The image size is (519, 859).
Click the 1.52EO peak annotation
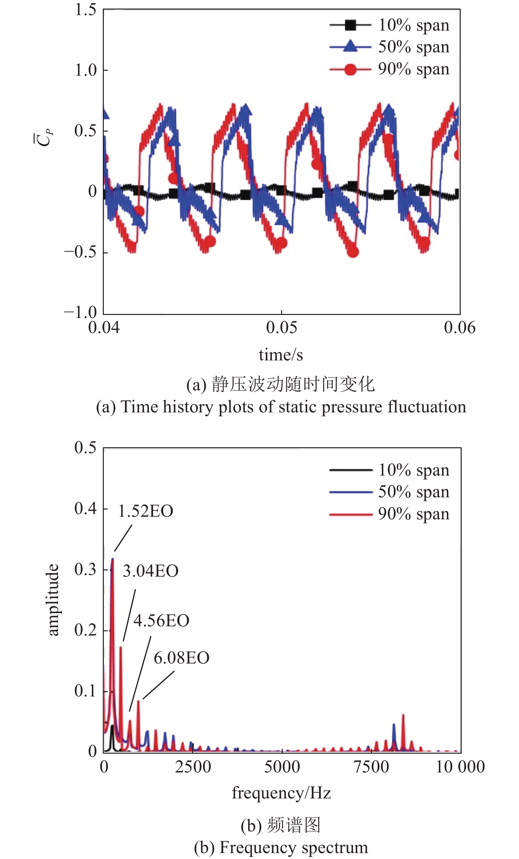(x=146, y=511)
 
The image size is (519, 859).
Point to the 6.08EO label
(x=182, y=658)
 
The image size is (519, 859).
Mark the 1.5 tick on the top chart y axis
(x=85, y=10)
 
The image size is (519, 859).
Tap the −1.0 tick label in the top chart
(x=81, y=312)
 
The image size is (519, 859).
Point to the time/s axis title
(x=281, y=355)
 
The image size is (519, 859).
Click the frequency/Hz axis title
(x=281, y=793)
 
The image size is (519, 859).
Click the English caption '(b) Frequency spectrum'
(x=281, y=847)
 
